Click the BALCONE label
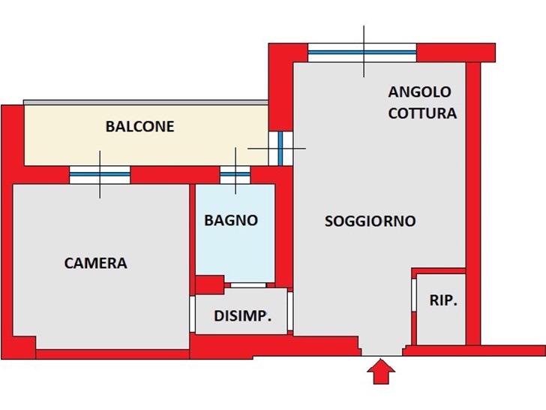(140, 126)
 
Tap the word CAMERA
(96, 263)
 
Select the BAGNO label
(231, 220)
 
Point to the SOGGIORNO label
(370, 221)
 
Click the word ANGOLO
(419, 92)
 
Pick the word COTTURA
(422, 113)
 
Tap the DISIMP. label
(242, 316)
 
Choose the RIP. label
(443, 300)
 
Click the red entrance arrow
(381, 371)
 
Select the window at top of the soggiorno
(362, 53)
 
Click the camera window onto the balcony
(100, 175)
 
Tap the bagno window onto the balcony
(235, 175)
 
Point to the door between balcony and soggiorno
(280, 148)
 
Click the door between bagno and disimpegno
(248, 285)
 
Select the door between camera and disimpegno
(192, 314)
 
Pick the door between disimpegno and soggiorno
(290, 311)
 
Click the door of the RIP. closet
(414, 295)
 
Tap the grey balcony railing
(145, 102)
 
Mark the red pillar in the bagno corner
(210, 285)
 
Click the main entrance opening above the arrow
(382, 351)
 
